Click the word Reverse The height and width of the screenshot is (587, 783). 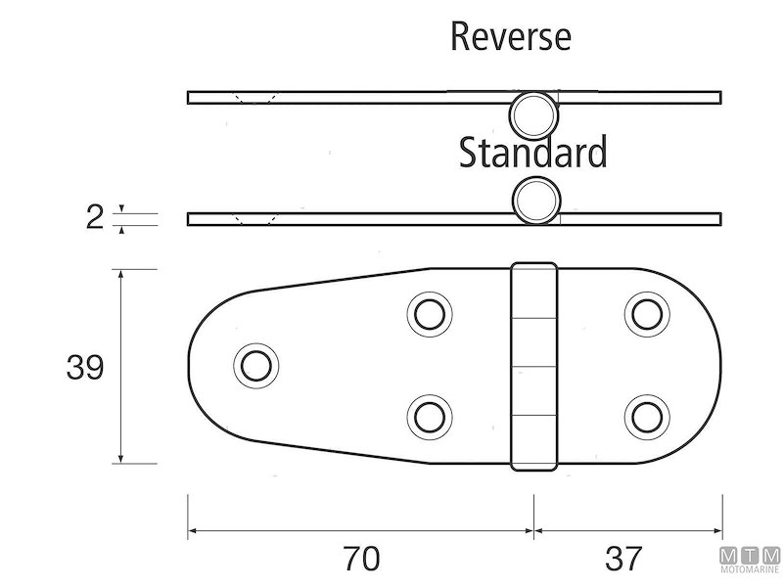511,36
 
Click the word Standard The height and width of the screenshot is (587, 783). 532,152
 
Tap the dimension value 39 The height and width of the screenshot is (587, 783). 85,368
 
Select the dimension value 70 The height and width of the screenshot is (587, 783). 361,558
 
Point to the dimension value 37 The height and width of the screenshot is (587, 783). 623,558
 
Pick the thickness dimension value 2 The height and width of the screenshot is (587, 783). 94,217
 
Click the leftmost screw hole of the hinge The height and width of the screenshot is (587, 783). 256,366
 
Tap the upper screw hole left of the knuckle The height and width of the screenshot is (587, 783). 430,315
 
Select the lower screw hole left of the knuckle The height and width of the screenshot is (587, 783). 430,418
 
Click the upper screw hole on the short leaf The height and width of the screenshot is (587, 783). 647,315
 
